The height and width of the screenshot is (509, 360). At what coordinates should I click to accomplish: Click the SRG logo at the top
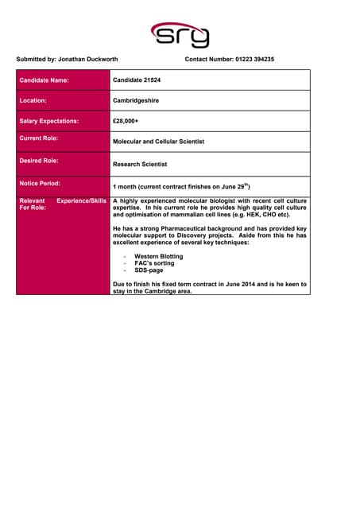point(180,35)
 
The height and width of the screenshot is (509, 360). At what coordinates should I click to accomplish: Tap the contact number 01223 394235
point(254,60)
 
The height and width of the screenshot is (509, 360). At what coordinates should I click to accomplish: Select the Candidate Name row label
point(44,80)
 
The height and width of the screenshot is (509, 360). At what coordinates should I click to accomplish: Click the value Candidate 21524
point(137,80)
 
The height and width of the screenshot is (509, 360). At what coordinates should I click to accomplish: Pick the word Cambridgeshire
point(141,101)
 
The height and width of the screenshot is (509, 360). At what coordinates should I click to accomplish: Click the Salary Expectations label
point(48,121)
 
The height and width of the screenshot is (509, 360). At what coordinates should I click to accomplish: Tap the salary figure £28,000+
point(126,121)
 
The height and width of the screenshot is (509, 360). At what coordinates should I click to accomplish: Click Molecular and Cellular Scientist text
point(158,142)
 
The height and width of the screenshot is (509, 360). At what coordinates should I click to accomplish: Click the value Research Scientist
point(140,165)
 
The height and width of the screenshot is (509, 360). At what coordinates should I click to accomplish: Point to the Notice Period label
point(39,183)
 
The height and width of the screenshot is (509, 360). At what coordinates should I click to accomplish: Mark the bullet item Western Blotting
point(158,257)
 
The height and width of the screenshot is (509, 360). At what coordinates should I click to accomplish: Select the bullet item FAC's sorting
point(153,263)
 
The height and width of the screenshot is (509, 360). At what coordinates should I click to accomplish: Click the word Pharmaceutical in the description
point(184,228)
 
